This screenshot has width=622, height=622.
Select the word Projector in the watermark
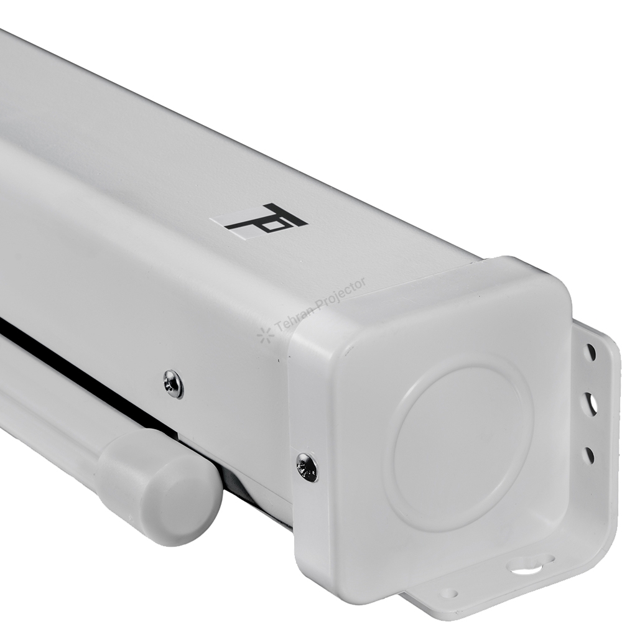point(340,293)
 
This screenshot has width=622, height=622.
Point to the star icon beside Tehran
point(263,335)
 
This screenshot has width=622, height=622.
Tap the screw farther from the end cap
point(174,383)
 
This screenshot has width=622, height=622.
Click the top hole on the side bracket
point(591,350)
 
